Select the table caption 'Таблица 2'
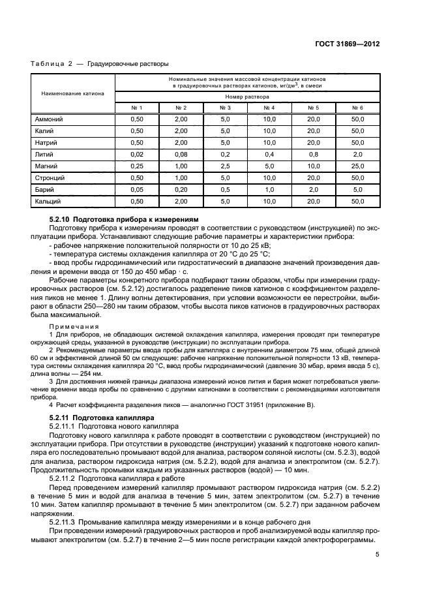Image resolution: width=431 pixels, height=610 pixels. tap(50, 64)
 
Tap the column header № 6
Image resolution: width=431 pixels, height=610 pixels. tap(357, 107)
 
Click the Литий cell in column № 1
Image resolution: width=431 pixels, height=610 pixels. tap(136, 154)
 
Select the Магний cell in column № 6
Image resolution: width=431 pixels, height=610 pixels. tap(357, 166)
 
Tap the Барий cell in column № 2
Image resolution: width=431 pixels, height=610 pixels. tap(181, 189)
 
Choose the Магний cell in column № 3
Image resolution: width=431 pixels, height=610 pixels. tap(225, 166)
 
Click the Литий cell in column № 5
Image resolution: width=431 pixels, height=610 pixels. tap(313, 154)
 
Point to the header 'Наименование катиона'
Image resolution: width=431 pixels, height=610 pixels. tap(72, 93)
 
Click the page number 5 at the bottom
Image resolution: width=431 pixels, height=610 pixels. tap(378, 555)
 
